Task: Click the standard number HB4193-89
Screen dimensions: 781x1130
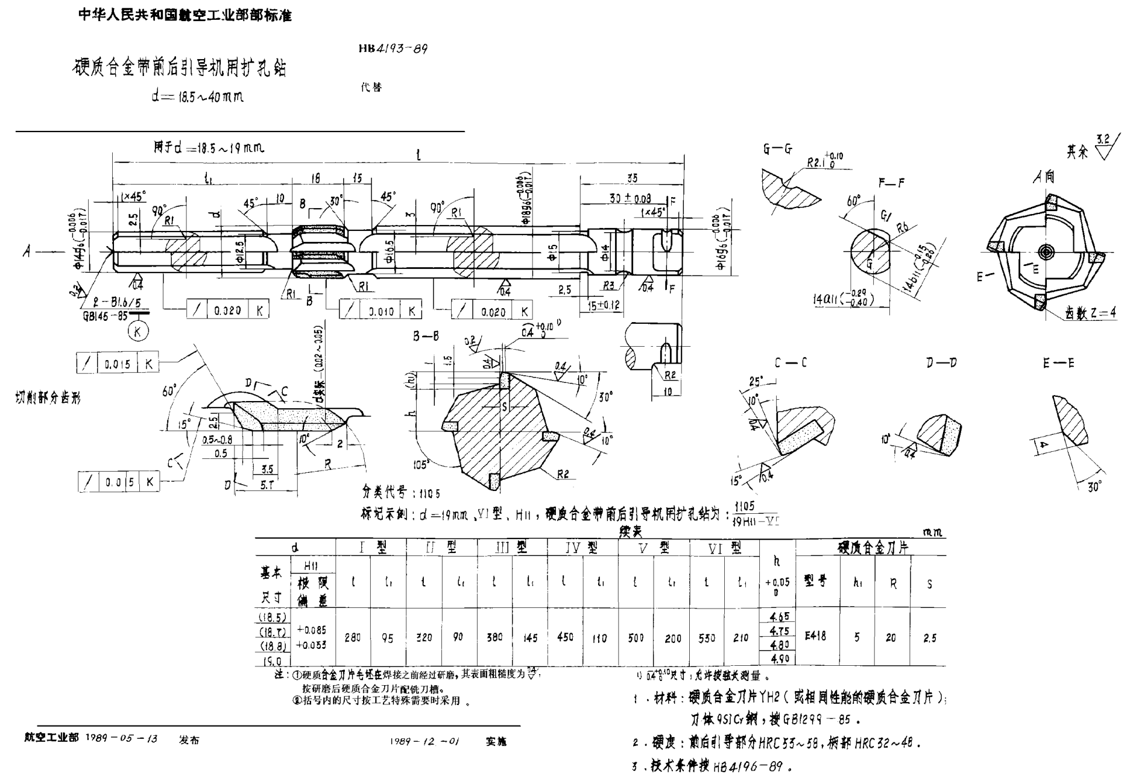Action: click(393, 48)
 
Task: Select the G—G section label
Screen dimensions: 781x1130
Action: click(777, 149)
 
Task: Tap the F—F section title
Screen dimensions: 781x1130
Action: click(891, 183)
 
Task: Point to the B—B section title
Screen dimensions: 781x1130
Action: click(426, 337)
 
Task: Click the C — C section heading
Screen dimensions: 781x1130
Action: click(791, 362)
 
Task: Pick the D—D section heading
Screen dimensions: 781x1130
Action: click(941, 362)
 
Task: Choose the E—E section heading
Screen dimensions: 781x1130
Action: click(1058, 363)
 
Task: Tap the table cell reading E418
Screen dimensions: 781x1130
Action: click(815, 635)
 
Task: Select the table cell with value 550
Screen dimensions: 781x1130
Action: click(707, 637)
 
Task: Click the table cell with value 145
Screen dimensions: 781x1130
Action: click(530, 638)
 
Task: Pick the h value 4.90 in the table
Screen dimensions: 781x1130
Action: click(780, 659)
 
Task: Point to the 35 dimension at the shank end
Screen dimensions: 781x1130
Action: click(632, 179)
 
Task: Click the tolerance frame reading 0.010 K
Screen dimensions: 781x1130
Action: click(380, 311)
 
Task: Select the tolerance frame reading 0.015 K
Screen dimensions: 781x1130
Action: click(118, 364)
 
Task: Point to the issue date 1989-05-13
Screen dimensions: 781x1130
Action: click(122, 739)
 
